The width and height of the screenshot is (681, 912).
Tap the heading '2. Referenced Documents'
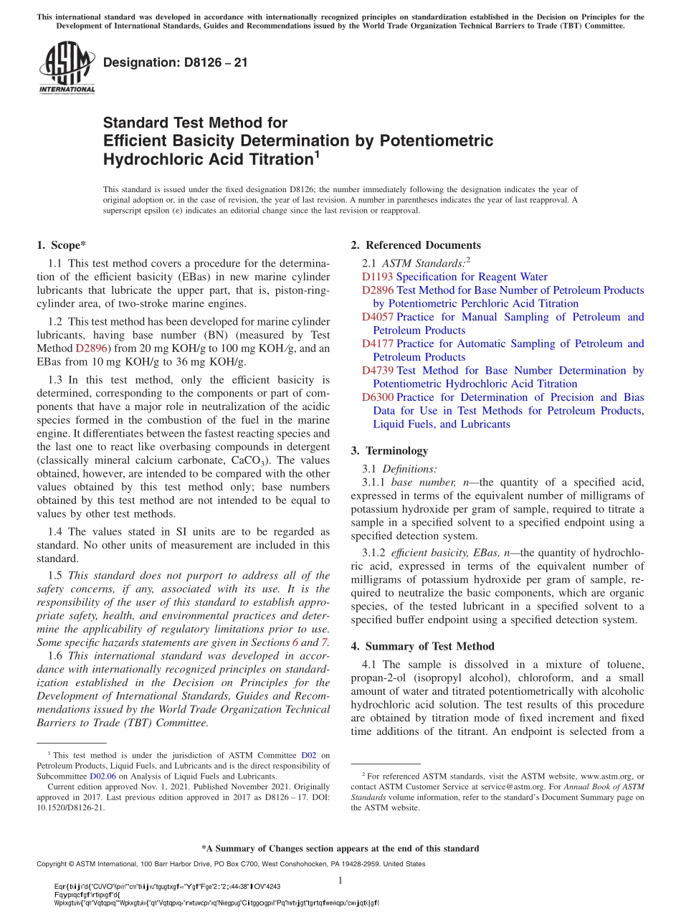[416, 245]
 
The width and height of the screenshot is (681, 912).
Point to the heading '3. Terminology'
[389, 451]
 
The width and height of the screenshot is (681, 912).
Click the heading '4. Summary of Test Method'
[422, 646]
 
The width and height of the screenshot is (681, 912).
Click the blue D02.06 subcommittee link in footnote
[103, 776]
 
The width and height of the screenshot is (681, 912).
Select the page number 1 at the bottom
[340, 880]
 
